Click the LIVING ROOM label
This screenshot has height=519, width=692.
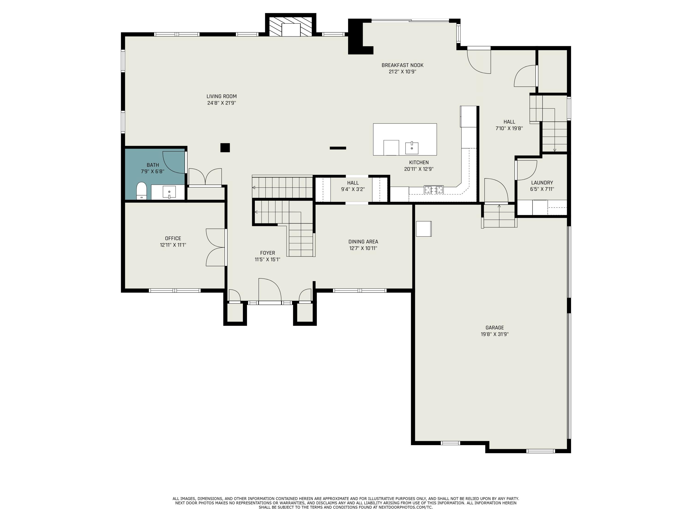(x=221, y=96)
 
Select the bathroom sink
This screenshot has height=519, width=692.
(x=169, y=192)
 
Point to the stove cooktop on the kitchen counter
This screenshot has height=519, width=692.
(x=434, y=189)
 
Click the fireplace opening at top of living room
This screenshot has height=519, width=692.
(x=291, y=30)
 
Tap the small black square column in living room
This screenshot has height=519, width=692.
(x=225, y=148)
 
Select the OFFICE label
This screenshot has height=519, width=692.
(x=173, y=238)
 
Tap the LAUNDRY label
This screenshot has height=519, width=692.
(x=542, y=183)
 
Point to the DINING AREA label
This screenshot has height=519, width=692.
(x=363, y=242)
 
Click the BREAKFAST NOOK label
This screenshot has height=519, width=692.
(x=402, y=65)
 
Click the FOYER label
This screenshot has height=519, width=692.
(x=268, y=253)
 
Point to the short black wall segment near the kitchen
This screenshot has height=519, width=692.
(x=338, y=148)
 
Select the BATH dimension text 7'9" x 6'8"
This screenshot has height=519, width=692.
(x=153, y=171)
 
